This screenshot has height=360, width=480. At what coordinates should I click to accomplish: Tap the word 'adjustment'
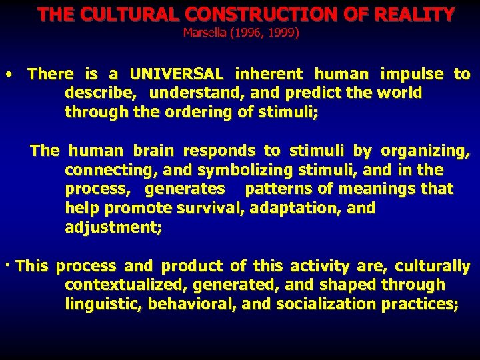tap(111, 227)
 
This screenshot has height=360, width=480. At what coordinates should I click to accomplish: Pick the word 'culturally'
tap(433, 266)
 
